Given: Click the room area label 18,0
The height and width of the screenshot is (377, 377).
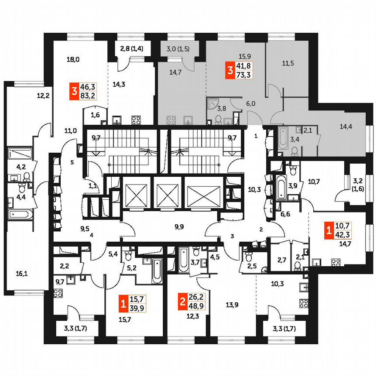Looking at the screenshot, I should coord(73,59).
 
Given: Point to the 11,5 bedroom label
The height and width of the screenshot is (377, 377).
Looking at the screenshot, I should coord(288,63).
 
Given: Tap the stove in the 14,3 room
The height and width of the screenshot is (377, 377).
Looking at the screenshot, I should coord(136,119).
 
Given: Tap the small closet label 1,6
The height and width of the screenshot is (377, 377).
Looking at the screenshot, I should coord(95,115).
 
